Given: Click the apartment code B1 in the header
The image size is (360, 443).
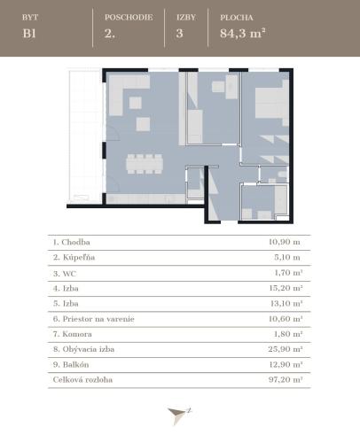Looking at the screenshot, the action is (29, 34).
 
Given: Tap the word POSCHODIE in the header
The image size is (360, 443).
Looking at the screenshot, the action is (129, 18).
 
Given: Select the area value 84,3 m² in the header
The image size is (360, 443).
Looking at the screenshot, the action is (242, 33).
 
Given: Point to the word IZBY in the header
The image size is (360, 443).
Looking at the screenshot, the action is (186, 18).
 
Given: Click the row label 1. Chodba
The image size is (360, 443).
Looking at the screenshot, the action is (72, 242).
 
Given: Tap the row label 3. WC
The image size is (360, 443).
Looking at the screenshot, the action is (65, 274).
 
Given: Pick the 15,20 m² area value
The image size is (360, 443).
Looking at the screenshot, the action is (286, 288).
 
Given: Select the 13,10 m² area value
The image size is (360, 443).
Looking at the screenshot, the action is (286, 303).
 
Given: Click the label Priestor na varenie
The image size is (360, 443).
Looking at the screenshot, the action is (98, 319).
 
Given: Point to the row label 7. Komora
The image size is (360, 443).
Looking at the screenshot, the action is (73, 334).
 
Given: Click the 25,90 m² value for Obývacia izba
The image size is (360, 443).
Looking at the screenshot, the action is (286, 349).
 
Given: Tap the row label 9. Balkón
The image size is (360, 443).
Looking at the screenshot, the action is (71, 364).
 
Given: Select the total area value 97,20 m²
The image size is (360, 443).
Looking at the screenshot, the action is (286, 379).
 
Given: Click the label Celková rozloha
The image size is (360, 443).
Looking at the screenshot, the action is (82, 379).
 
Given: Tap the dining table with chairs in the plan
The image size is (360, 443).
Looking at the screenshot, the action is (145, 164).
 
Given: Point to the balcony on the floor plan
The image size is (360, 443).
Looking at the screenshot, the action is (85, 136).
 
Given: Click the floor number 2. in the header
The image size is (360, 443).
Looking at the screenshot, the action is (109, 34).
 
